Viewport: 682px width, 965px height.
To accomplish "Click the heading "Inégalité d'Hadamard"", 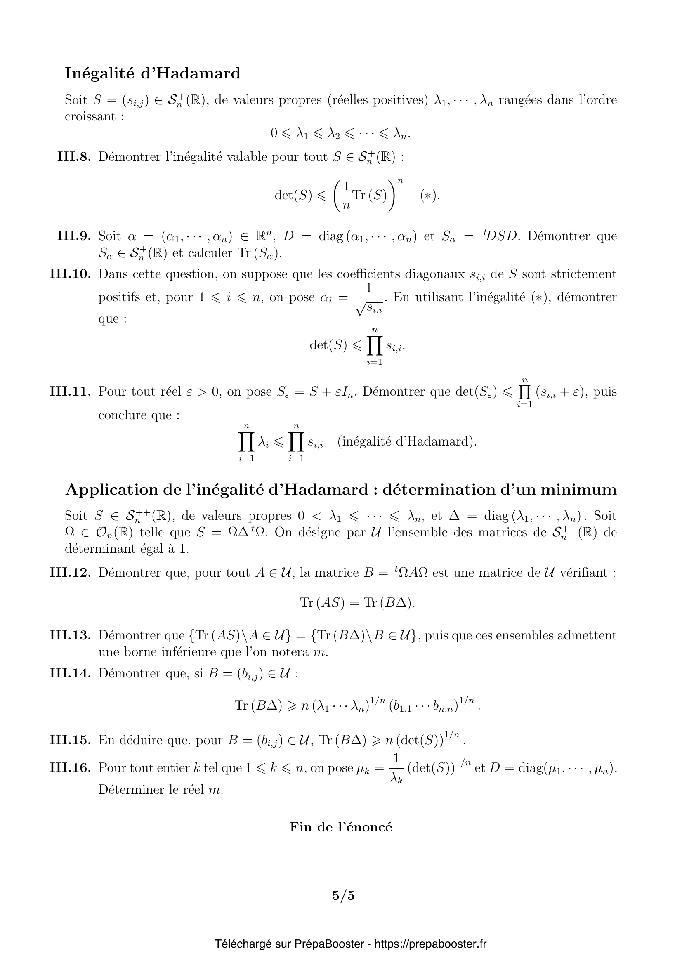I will coord(153,73).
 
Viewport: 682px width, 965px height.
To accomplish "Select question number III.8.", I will coord(74,157).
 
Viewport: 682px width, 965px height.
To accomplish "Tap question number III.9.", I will coord(74,236).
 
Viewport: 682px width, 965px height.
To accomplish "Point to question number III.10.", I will coord(70,274).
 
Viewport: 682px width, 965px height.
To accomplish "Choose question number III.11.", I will coord(70,392).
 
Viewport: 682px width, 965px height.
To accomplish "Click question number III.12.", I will coord(70,573).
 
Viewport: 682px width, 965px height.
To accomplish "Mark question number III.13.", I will coord(70,635).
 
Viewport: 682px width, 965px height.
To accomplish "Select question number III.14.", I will coord(70,673).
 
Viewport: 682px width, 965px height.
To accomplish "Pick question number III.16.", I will coord(70,768).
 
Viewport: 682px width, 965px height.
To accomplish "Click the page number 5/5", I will coord(343,896).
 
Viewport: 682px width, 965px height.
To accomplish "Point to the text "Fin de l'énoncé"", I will coord(341,827).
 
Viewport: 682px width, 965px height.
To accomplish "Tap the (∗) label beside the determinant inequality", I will coord(430,196).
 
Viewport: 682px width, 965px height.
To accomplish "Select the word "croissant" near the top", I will coord(90,117).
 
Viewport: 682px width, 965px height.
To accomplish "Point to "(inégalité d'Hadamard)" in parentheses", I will coord(407,442).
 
